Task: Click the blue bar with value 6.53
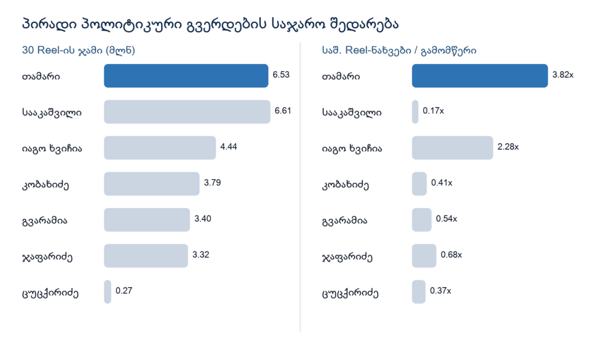click(x=186, y=76)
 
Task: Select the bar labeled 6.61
click(x=187, y=112)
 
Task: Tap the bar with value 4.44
click(x=160, y=148)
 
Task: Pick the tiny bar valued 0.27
click(x=108, y=292)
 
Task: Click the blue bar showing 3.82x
click(x=480, y=76)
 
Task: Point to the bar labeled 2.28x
click(x=453, y=148)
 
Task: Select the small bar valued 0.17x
click(x=415, y=112)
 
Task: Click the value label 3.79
click(x=212, y=183)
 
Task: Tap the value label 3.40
click(x=203, y=219)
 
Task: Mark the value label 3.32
click(x=201, y=254)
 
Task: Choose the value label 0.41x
click(x=442, y=183)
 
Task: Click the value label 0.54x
click(x=446, y=219)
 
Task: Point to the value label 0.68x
click(x=451, y=254)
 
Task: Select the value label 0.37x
click(x=441, y=291)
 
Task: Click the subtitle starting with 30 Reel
click(x=79, y=50)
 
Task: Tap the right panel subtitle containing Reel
click(x=399, y=50)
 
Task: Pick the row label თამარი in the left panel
click(x=41, y=77)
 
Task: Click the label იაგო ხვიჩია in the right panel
click(x=352, y=148)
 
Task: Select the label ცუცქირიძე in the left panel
click(x=50, y=294)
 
